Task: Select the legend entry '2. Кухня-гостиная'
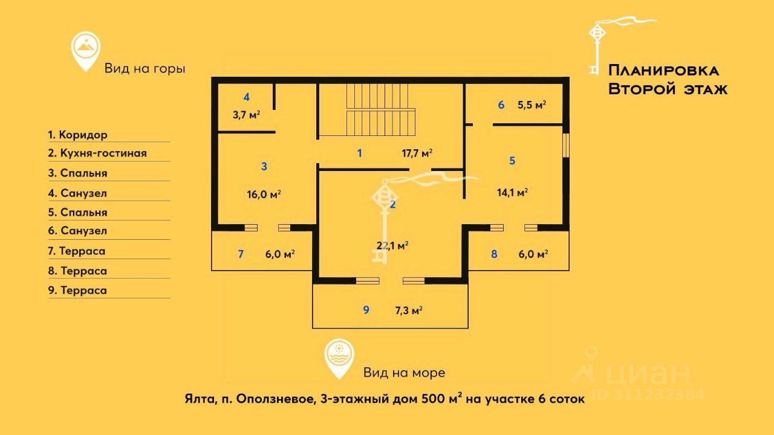click(x=97, y=153)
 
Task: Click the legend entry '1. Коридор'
click(x=77, y=135)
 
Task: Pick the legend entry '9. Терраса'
click(x=77, y=291)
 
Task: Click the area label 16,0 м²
click(x=266, y=195)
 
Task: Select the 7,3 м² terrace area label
click(x=408, y=311)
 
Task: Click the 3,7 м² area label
click(x=247, y=114)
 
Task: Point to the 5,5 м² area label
click(x=532, y=105)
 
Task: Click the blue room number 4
click(x=247, y=97)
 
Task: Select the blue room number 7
click(x=241, y=254)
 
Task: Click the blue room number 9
click(x=366, y=311)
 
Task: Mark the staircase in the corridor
click(x=381, y=110)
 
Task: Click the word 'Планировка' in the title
click(x=663, y=70)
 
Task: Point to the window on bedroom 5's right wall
click(x=566, y=145)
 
